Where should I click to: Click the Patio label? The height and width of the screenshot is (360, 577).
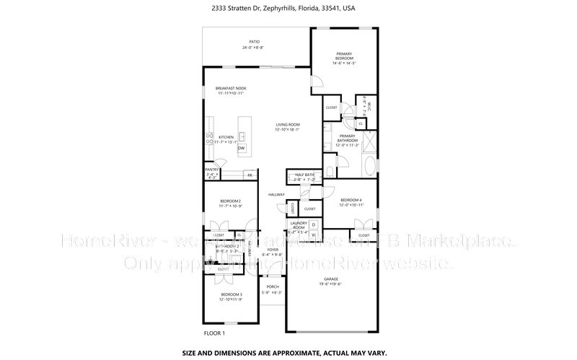click(254, 42)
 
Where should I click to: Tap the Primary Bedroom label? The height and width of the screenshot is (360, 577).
click(344, 56)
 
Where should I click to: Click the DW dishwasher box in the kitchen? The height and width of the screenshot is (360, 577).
click(242, 149)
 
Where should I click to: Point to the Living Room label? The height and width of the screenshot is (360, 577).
click(287, 126)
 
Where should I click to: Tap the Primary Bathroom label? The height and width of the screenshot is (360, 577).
click(347, 139)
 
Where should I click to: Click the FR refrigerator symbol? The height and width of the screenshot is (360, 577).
click(250, 175)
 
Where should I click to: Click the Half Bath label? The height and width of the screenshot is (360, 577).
click(304, 175)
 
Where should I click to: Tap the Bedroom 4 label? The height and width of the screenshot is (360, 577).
click(351, 200)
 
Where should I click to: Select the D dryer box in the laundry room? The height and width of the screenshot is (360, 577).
click(314, 225)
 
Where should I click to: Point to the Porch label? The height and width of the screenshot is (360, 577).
click(273, 286)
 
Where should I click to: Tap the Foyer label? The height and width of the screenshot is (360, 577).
click(273, 250)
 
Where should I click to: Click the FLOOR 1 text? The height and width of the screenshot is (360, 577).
click(214, 333)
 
